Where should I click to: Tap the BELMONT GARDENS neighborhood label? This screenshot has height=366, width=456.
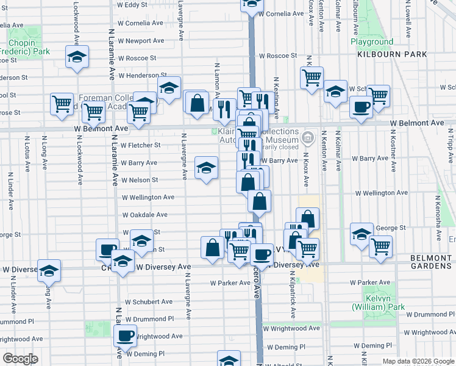(431, 262)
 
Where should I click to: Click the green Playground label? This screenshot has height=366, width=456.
(372, 42)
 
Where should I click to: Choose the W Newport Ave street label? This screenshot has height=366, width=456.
(141, 41)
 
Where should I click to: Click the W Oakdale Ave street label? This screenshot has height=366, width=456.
(144, 215)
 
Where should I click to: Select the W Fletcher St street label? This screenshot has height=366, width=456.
(140, 145)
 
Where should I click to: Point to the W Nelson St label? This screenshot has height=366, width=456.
(140, 180)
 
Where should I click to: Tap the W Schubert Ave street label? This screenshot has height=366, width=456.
(149, 301)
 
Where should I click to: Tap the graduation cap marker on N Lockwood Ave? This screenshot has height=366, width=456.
(77, 57)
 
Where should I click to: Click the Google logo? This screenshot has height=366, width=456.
(20, 359)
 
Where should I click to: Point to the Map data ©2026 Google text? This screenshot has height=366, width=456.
(418, 361)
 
